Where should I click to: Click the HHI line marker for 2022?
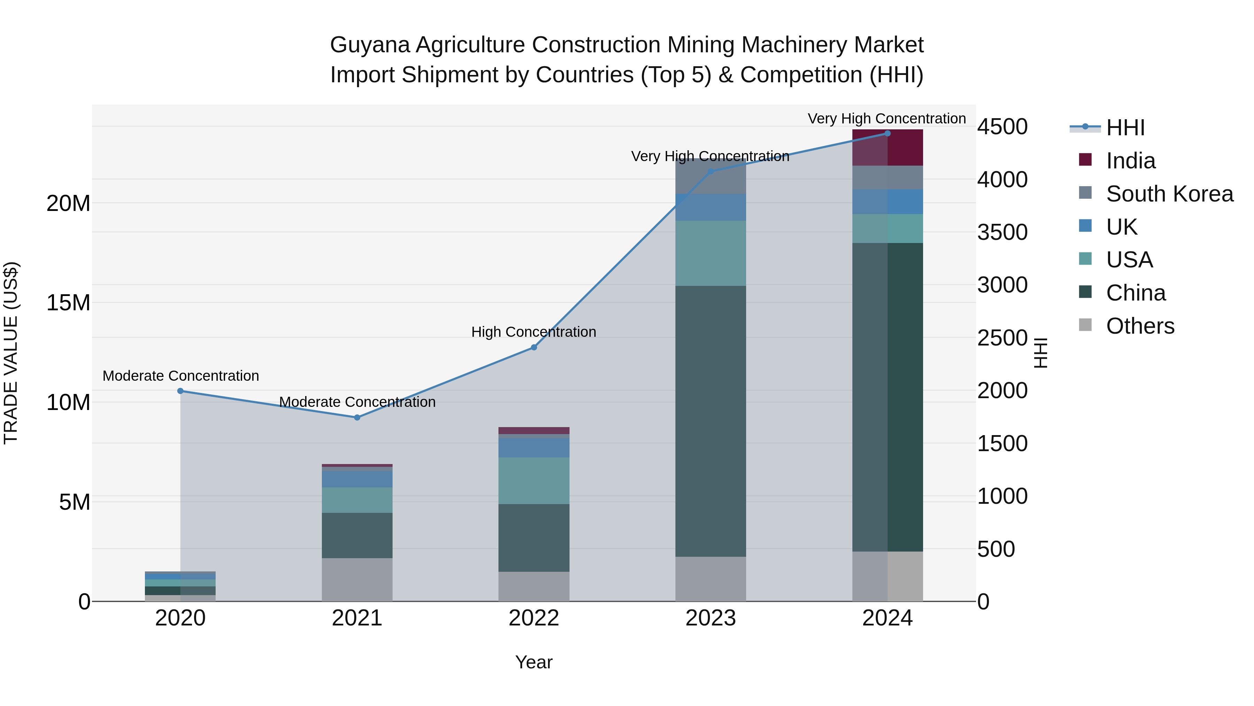[x=534, y=347]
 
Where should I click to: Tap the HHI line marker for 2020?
[x=180, y=391]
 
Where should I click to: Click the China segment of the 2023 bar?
[x=710, y=422]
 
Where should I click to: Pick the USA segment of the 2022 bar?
[x=534, y=480]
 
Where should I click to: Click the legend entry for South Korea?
[x=1169, y=194]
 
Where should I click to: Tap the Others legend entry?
[x=1140, y=326]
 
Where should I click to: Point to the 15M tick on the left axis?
[x=68, y=303]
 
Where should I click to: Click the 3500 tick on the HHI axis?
[x=1002, y=233]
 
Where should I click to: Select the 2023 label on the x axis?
[x=710, y=618]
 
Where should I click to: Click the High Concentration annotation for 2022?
[x=534, y=332]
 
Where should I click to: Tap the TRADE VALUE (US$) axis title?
[x=11, y=353]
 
